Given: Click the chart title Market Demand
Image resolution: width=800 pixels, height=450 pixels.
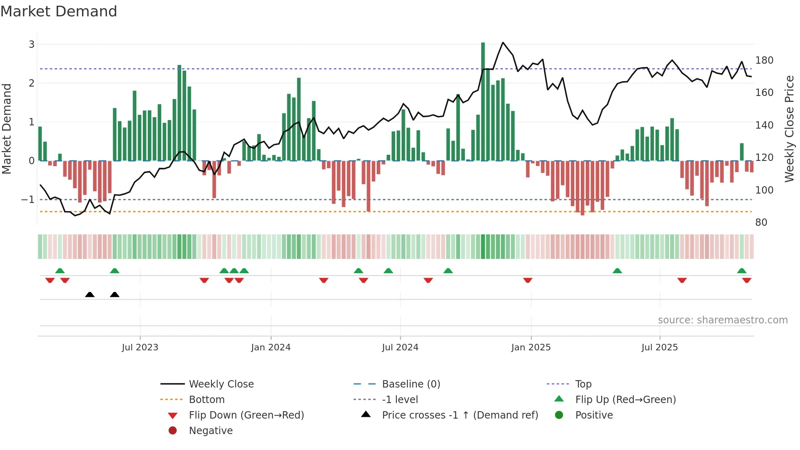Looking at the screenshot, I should point(59,11).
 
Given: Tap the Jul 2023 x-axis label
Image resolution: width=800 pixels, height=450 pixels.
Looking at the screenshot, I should point(140,348).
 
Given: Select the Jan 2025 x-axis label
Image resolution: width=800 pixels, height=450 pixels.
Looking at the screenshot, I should point(531,348).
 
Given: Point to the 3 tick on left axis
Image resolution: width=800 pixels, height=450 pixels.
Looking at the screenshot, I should point(31,44).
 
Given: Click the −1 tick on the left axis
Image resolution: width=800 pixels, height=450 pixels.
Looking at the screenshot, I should point(28,200).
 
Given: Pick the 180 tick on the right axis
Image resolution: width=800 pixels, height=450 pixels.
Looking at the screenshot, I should point(764,60).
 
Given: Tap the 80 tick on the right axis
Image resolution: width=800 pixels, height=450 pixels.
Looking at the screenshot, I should point(761,223).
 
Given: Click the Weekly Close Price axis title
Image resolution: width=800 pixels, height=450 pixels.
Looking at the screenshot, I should point(789,129).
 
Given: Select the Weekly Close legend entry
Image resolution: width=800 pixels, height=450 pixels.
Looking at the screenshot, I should point(221,384).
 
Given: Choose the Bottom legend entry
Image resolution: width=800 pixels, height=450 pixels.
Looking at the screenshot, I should point(207,400).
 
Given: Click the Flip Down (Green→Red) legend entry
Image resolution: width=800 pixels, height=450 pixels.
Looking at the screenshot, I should point(246,415).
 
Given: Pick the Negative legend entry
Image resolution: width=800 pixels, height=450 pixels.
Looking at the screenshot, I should point(211,431).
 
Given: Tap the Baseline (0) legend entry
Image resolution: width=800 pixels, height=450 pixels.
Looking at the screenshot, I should point(411,384).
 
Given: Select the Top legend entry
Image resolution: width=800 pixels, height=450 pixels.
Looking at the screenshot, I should point(583,384).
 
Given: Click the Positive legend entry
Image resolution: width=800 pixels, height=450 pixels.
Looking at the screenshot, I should point(594,415).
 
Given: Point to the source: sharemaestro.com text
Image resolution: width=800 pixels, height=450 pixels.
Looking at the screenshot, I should point(722,320).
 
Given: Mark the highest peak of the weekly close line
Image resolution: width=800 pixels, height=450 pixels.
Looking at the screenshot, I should point(503,43).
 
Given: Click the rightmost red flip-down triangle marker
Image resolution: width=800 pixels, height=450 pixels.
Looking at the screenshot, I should point(747,280).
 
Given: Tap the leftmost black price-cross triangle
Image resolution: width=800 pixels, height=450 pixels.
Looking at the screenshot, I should point(90,294).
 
